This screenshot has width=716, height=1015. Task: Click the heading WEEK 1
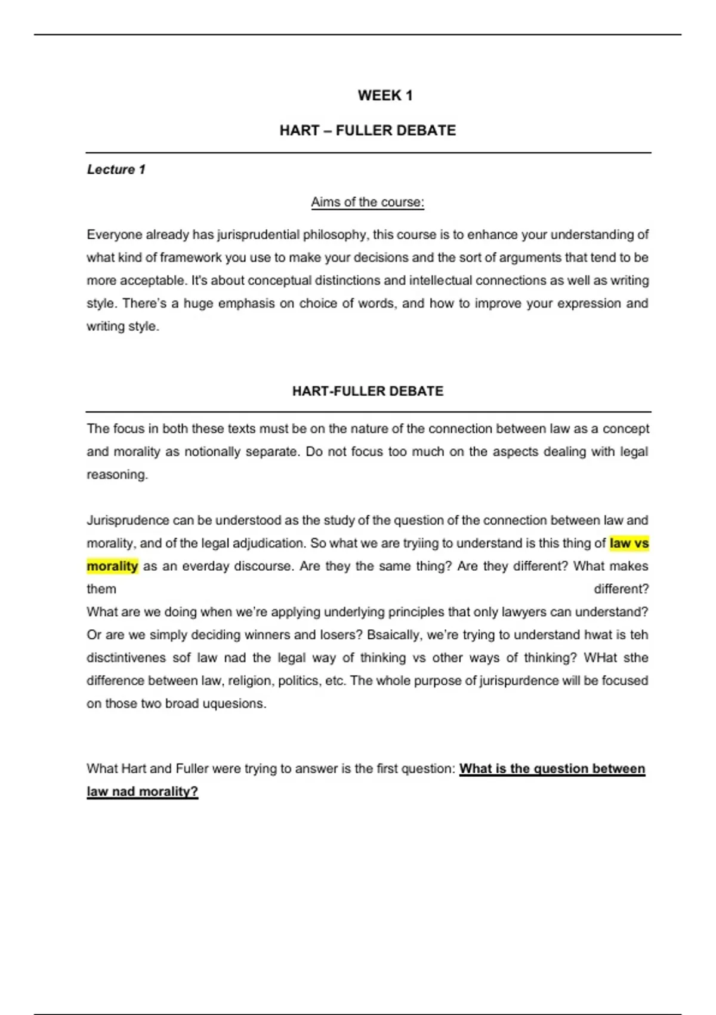pyautogui.click(x=385, y=96)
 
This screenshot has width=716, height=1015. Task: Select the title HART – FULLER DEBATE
pyautogui.click(x=368, y=130)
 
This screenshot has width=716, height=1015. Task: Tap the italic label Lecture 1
pyautogui.click(x=116, y=170)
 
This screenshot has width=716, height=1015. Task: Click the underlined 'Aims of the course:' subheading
pyautogui.click(x=368, y=202)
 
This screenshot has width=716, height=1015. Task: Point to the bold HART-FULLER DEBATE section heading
pyautogui.click(x=368, y=391)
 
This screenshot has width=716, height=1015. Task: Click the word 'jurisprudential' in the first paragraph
pyautogui.click(x=258, y=235)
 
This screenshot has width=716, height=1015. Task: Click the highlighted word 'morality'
pyautogui.click(x=112, y=566)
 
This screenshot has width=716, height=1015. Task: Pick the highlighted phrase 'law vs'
pyautogui.click(x=629, y=543)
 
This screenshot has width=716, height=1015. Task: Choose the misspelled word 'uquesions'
pyautogui.click(x=234, y=703)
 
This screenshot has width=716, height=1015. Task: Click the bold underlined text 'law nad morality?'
pyautogui.click(x=142, y=792)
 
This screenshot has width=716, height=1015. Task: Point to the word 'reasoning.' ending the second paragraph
pyautogui.click(x=117, y=475)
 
